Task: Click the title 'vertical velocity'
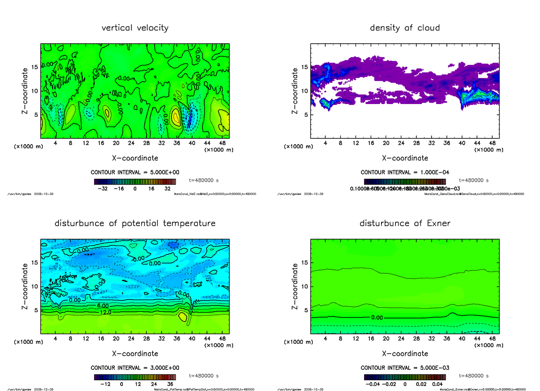click(x=135, y=28)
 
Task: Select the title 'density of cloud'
click(x=405, y=28)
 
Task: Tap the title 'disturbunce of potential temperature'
click(x=135, y=223)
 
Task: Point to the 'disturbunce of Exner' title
click(x=405, y=223)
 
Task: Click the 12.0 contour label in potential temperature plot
click(x=101, y=312)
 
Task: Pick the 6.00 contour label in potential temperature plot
click(x=101, y=306)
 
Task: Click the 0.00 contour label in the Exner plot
click(x=377, y=317)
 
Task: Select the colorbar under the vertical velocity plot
click(x=135, y=182)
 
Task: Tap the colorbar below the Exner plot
click(x=405, y=377)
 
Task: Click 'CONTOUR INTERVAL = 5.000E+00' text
click(x=135, y=172)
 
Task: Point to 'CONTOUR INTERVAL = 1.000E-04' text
click(x=405, y=172)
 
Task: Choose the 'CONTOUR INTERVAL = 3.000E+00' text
click(x=135, y=368)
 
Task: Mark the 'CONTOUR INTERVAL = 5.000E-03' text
click(x=405, y=368)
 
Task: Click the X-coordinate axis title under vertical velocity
click(x=135, y=158)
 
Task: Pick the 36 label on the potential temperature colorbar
click(x=171, y=385)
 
